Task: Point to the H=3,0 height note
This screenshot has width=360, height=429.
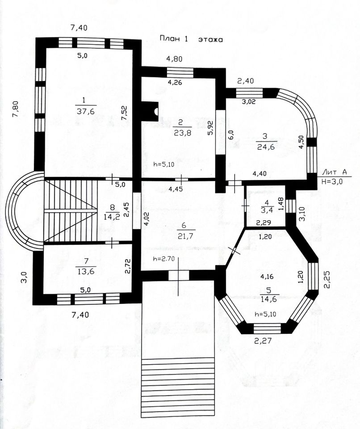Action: tap(333, 181)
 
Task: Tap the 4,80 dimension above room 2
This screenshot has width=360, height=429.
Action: tap(175, 58)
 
